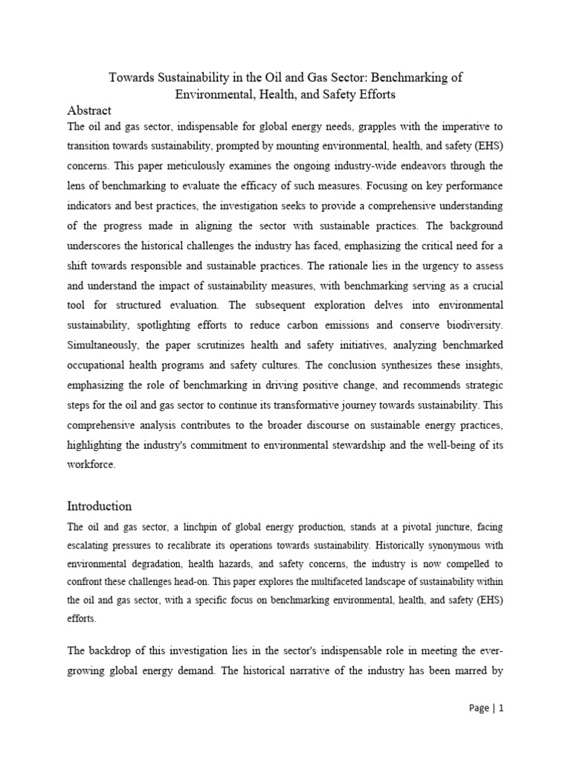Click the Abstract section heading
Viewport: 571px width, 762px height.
[x=89, y=110]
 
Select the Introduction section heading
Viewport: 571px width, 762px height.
[x=100, y=506]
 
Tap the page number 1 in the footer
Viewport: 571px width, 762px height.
[x=501, y=730]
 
